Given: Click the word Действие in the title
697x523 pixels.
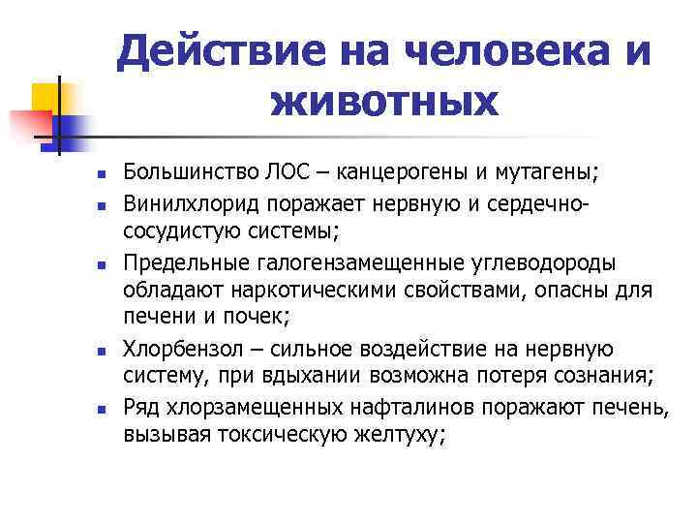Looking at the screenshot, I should [210, 50].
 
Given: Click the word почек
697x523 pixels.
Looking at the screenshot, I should [254, 319].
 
